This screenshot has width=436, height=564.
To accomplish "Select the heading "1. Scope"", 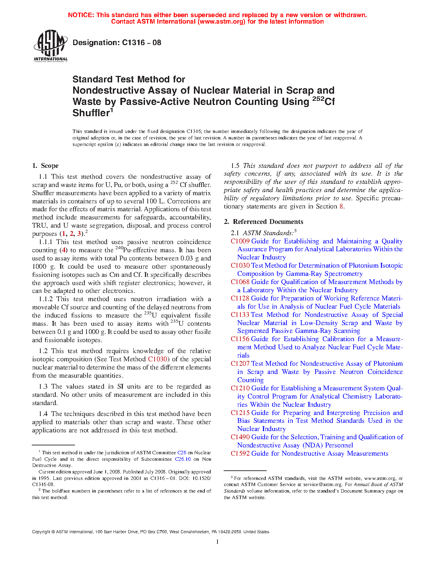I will (45, 166).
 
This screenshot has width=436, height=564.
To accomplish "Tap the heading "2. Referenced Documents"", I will (263, 222).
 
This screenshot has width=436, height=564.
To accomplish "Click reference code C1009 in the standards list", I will (240, 241).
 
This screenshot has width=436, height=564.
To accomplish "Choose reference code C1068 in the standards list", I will (240, 282).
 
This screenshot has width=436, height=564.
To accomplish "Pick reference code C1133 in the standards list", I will (240, 315).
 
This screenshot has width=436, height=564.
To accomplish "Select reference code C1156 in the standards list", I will (240, 339).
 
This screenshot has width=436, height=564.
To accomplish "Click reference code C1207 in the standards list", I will (240, 364).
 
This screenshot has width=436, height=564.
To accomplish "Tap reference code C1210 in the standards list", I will (240, 388).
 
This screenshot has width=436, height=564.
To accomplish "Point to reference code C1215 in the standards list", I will (240, 413).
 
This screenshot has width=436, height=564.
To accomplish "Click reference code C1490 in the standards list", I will (240, 437).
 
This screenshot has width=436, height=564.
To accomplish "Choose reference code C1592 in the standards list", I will (240, 454).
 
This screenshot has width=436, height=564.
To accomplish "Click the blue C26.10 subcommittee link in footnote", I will (183, 459).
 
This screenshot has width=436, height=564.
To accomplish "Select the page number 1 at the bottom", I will (217, 542).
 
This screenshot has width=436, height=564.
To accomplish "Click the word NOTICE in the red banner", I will (81, 15).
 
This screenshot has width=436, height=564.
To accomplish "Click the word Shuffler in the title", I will (91, 113).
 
